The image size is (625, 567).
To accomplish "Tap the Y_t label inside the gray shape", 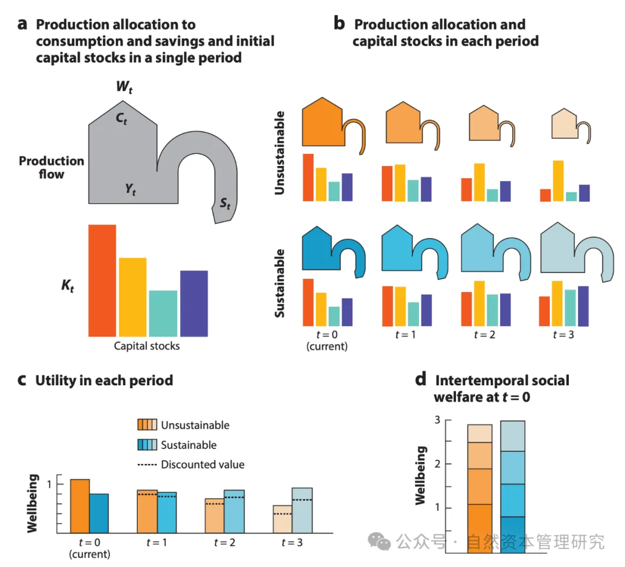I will click(130, 189).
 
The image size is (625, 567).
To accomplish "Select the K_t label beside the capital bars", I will click(67, 286).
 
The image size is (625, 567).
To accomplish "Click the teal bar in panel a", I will click(163, 313).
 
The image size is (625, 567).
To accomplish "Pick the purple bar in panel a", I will click(194, 303).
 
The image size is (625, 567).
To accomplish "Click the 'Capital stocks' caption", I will click(146, 346).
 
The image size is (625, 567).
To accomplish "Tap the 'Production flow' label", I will click(52, 167).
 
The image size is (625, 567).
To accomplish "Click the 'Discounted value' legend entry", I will click(203, 465).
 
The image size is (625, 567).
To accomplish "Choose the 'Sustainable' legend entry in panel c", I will click(189, 445).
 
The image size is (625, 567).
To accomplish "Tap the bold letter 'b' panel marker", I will click(340, 24).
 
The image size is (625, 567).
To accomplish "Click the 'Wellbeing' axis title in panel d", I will click(422, 476).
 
